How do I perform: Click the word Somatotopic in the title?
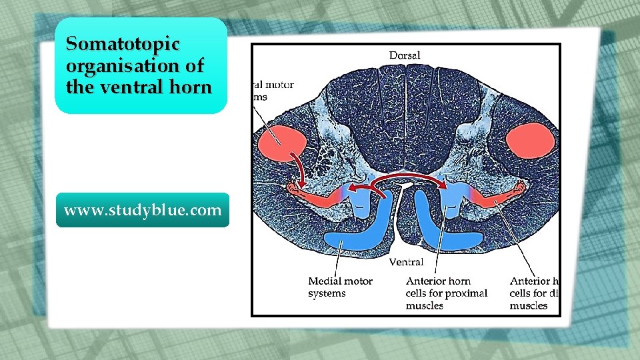tap(123, 45)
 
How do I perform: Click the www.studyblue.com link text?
tap(142, 210)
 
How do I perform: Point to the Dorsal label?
tap(405, 55)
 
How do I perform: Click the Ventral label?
tap(406, 262)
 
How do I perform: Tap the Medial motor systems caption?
tap(340, 287)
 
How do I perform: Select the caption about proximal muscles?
tap(446, 293)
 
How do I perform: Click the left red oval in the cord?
tap(282, 143)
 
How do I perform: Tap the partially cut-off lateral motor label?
tap(273, 91)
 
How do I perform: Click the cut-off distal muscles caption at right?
tap(533, 293)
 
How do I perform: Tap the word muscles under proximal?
tap(425, 305)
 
